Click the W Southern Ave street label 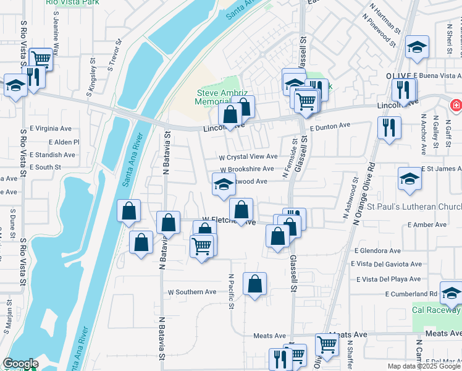192,292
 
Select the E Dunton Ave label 330,126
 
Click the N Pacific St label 231,292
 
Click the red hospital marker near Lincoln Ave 456,105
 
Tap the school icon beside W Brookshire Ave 224,184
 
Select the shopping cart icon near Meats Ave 326,344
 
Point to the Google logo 20,364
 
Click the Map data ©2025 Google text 424,366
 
